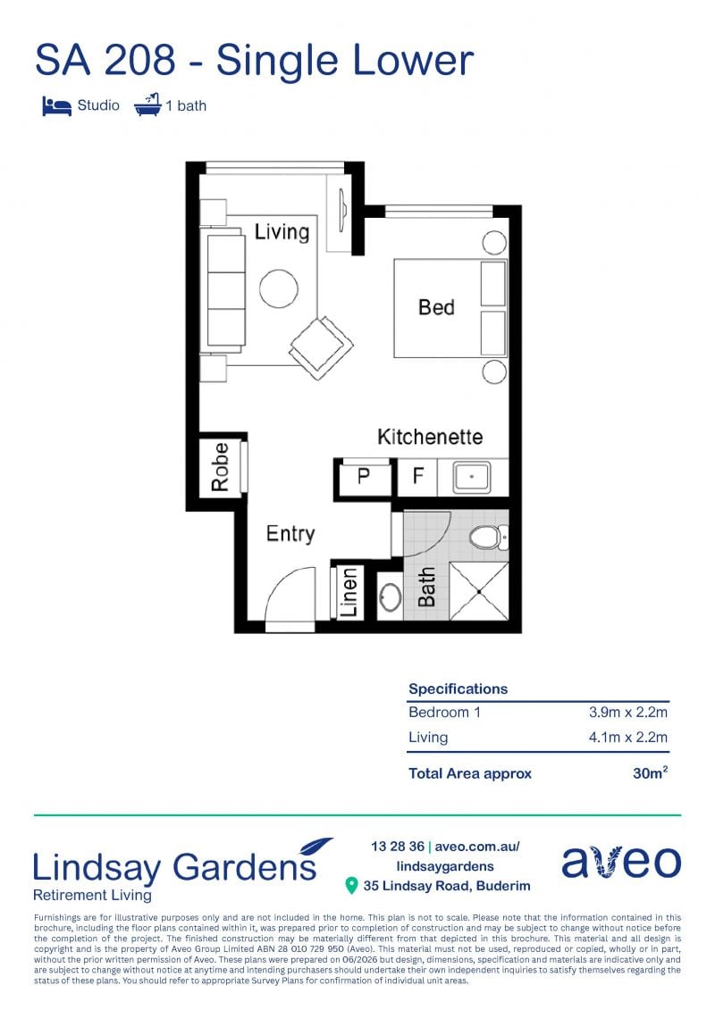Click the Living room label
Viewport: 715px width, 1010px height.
pyautogui.click(x=282, y=232)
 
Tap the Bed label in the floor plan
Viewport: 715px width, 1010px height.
pyautogui.click(x=436, y=307)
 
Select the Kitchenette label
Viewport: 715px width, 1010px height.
pyautogui.click(x=430, y=437)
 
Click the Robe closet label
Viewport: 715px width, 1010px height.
pyautogui.click(x=221, y=467)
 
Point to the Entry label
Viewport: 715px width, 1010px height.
pyautogui.click(x=290, y=533)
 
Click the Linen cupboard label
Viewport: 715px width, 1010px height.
pyautogui.click(x=349, y=592)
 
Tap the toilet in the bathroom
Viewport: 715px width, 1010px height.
pyautogui.click(x=489, y=537)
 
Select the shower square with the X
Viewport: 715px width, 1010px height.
pyautogui.click(x=479, y=591)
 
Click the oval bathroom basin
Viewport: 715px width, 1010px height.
pyautogui.click(x=390, y=597)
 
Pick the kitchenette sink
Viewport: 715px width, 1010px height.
pyautogui.click(x=472, y=477)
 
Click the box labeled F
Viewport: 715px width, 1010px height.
pyautogui.click(x=417, y=477)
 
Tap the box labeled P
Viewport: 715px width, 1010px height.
pyautogui.click(x=364, y=477)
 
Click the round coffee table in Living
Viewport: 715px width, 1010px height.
pyautogui.click(x=279, y=288)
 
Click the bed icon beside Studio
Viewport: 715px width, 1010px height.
pyautogui.click(x=56, y=105)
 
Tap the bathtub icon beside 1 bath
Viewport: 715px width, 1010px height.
pyautogui.click(x=147, y=104)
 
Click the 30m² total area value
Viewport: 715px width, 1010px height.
pyautogui.click(x=650, y=772)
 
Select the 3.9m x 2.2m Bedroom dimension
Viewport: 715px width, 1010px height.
pyautogui.click(x=628, y=712)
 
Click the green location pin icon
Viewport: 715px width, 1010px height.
pyautogui.click(x=351, y=886)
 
